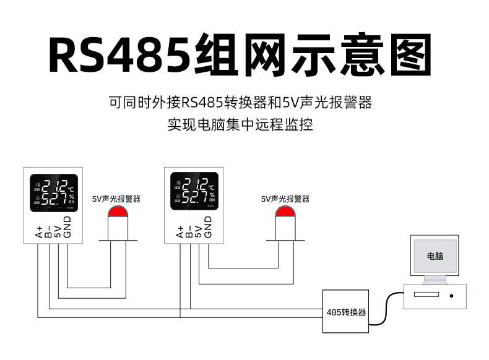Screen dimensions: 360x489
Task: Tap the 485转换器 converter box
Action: [x=346, y=312]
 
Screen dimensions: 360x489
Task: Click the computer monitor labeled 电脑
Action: [x=435, y=257]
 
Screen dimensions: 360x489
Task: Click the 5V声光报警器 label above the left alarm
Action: [x=116, y=199]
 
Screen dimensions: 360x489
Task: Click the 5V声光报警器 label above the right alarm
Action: [x=285, y=199]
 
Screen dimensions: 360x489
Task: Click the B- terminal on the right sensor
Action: [x=189, y=232]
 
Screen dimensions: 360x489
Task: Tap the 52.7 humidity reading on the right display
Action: [x=194, y=198]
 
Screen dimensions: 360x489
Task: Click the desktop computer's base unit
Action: [x=433, y=295]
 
